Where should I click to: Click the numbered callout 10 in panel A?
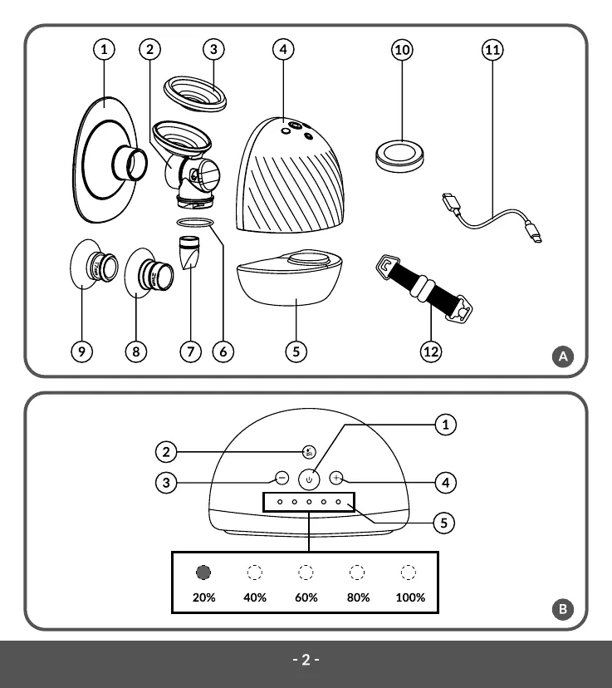(x=402, y=50)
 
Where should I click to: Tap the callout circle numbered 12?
(x=430, y=351)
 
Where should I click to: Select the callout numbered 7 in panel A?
(x=191, y=351)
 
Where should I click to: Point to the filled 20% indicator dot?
(x=203, y=573)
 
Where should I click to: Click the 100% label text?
(x=410, y=597)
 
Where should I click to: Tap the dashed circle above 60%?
(x=306, y=573)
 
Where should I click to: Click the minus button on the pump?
(x=282, y=478)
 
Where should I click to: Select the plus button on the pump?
(x=336, y=478)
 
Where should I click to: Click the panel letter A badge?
(x=563, y=356)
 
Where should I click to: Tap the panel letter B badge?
(x=563, y=609)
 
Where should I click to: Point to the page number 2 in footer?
(x=306, y=660)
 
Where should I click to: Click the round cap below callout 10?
(x=399, y=155)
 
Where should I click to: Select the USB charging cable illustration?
(x=492, y=218)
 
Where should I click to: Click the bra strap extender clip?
(x=424, y=288)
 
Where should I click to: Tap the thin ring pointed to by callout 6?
(x=195, y=223)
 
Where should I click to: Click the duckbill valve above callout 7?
(x=189, y=253)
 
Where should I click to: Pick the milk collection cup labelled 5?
(x=289, y=278)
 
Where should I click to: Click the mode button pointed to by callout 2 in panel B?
(x=309, y=452)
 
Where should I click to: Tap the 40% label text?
(x=255, y=597)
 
